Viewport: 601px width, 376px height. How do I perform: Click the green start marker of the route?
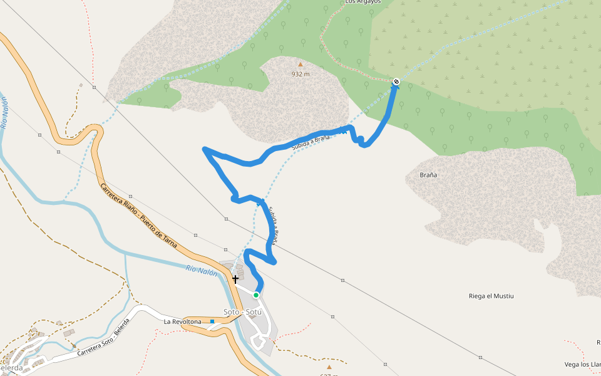tap(256, 295)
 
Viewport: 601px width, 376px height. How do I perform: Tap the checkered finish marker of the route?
tap(396, 81)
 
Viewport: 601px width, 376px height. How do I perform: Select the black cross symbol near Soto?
tap(235, 279)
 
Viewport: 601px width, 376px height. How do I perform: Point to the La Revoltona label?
tap(183, 321)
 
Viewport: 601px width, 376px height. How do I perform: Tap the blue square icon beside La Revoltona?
tap(212, 321)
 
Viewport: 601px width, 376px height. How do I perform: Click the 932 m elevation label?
tap(300, 74)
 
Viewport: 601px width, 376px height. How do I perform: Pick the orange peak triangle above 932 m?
tap(300, 64)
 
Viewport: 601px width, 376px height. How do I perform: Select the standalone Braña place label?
tap(428, 175)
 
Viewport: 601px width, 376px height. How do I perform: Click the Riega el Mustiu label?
tap(491, 296)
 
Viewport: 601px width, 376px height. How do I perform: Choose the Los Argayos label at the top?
tap(363, 3)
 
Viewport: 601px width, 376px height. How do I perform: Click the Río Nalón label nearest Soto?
tap(202, 272)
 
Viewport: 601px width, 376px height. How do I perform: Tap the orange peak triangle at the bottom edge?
tap(329, 367)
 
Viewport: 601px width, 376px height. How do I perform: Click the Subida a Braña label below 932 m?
tap(310, 142)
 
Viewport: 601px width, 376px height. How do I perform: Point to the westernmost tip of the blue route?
tap(205, 149)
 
